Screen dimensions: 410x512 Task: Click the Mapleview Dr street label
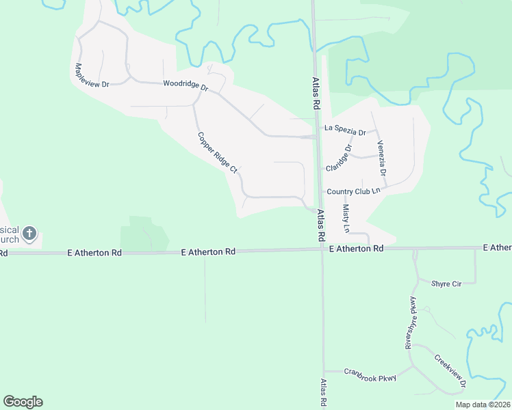[92, 75]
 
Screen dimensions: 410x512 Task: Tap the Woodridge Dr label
[185, 87]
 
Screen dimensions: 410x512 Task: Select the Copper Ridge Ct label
[217, 152]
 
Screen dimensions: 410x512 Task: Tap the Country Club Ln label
[353, 192]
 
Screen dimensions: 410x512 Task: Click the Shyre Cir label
[446, 283]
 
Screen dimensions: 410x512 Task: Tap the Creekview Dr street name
[450, 370]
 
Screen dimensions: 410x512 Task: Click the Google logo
[23, 402]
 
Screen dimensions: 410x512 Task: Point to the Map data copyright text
[483, 405]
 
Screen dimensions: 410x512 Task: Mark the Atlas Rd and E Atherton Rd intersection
[322, 249]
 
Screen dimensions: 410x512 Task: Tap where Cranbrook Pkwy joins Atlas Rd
[323, 371]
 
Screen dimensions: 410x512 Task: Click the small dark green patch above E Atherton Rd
[144, 234]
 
